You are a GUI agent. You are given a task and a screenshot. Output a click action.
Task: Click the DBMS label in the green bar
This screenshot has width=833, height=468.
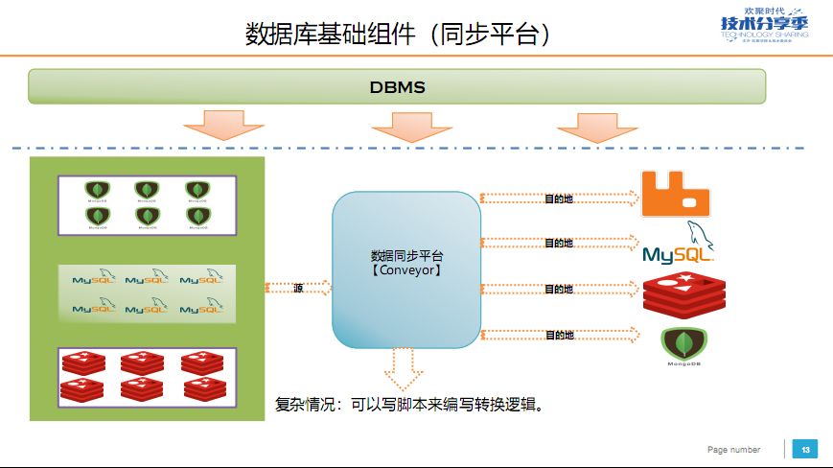point(397,87)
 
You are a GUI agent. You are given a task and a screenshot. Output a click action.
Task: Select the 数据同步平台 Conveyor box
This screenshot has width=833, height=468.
point(406,269)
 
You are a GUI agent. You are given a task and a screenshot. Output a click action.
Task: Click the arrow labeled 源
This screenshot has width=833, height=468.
point(299,288)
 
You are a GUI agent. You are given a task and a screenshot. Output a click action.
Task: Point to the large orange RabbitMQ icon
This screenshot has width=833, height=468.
point(677,193)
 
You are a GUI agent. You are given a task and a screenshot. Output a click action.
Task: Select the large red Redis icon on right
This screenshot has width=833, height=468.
point(679,295)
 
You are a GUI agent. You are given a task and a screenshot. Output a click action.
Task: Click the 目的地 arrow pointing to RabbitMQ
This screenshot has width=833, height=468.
point(559,199)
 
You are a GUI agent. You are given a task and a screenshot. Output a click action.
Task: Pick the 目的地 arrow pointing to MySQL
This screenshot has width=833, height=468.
point(559,244)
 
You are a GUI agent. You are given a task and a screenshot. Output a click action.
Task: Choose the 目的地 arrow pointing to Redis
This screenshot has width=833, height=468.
point(559,289)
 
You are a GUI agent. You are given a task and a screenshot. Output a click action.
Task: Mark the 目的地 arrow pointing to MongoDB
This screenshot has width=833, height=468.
point(559,335)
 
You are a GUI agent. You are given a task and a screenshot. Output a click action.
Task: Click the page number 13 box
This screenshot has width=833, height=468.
point(805,450)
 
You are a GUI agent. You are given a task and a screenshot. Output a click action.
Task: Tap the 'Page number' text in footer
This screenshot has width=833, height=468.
point(733,450)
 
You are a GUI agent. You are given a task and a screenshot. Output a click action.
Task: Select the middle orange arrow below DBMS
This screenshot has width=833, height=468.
point(410,126)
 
